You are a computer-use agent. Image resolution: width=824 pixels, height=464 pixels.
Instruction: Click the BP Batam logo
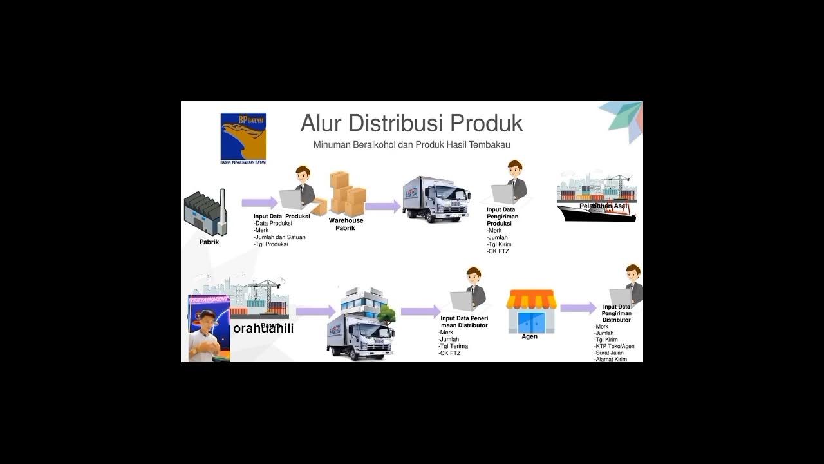(243, 137)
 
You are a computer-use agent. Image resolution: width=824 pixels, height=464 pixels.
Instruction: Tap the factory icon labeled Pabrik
(205, 213)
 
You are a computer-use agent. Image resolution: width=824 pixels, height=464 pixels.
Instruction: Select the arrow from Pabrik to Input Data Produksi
(259, 203)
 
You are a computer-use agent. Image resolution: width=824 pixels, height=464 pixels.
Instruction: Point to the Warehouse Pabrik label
(346, 224)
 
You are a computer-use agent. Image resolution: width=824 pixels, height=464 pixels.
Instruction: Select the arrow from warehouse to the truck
(382, 206)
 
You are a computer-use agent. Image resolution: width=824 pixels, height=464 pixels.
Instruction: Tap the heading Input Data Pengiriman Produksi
(502, 217)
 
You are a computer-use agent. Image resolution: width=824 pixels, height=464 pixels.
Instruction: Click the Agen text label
(530, 336)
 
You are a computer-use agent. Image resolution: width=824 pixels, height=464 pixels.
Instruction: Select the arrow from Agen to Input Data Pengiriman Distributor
(578, 308)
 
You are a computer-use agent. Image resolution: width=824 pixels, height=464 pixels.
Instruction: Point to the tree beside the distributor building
(387, 314)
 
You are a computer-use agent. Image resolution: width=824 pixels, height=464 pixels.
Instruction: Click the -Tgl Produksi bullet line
(271, 244)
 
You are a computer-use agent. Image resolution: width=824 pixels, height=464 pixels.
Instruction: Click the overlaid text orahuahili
(263, 329)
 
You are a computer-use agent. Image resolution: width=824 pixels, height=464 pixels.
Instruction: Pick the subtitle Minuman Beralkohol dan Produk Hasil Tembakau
(411, 145)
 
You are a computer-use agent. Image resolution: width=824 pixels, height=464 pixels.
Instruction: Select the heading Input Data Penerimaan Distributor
(464, 322)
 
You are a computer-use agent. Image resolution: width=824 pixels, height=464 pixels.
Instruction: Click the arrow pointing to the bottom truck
(315, 311)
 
